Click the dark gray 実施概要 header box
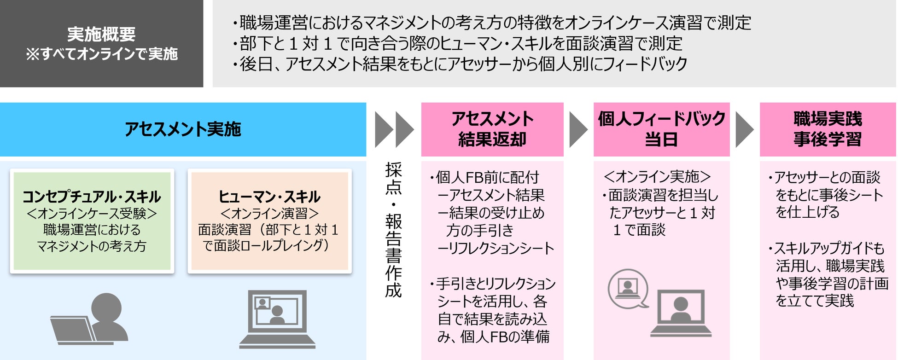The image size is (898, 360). [101, 43]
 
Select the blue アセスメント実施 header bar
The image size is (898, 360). [183, 129]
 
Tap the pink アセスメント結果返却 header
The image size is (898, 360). [492, 129]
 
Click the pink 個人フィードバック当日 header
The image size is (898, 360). [661, 129]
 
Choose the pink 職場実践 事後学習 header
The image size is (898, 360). [828, 129]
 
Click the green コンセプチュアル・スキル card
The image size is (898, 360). [92, 221]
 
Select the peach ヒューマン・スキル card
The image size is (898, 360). [269, 221]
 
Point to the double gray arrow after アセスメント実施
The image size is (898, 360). [394, 129]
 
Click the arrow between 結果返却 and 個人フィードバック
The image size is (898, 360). [578, 129]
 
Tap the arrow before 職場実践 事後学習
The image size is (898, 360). [744, 129]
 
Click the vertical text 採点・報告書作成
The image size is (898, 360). [394, 230]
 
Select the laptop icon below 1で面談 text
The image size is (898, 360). [681, 313]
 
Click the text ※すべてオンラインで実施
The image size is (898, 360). [102, 54]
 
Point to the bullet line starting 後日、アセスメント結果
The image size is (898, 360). [461, 64]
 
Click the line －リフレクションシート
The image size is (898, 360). [496, 249]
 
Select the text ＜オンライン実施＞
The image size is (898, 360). [657, 177]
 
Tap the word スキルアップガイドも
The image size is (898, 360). [829, 249]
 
